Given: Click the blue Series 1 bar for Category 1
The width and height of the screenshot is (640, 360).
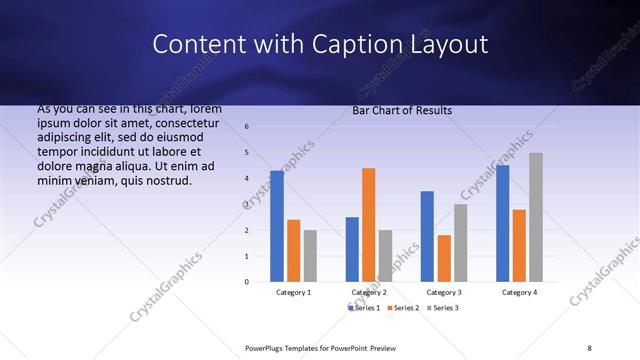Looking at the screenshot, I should click(x=277, y=226).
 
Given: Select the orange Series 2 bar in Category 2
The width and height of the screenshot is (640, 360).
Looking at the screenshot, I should click(x=368, y=225).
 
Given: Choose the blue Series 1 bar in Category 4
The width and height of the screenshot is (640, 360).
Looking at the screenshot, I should click(x=502, y=223).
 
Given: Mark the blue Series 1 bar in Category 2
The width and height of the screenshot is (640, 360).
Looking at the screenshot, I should click(x=352, y=249).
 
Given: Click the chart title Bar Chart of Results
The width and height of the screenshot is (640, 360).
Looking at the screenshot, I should click(x=402, y=110).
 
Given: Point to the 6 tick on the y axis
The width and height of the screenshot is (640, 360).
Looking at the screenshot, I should click(x=247, y=127).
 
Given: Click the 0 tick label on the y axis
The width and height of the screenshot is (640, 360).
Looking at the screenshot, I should click(x=247, y=282).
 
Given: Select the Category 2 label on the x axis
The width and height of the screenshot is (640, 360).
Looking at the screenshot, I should click(x=369, y=292).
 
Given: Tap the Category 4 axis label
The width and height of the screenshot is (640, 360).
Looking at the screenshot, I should click(x=519, y=292).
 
